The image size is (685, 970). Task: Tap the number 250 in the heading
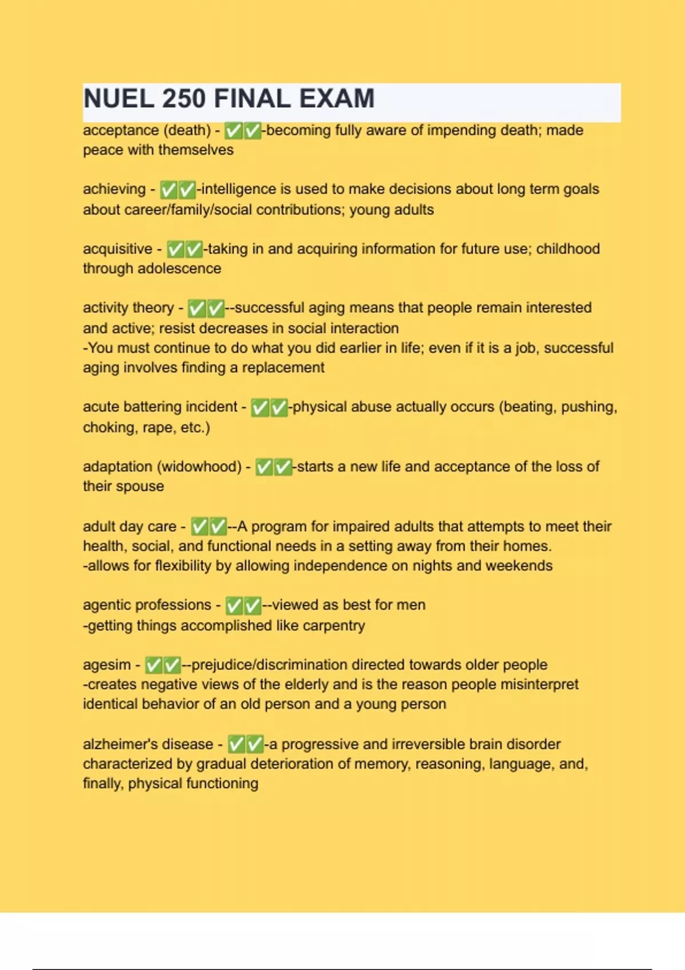point(184,99)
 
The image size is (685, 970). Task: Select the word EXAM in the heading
point(337,99)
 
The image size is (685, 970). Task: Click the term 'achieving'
point(114,189)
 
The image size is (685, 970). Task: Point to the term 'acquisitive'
point(118,249)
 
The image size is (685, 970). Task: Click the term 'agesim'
point(107,665)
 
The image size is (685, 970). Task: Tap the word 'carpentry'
point(334,626)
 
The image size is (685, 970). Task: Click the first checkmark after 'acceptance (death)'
point(233,131)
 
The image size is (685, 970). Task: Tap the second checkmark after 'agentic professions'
point(252,606)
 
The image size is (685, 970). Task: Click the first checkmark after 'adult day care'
point(199,527)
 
